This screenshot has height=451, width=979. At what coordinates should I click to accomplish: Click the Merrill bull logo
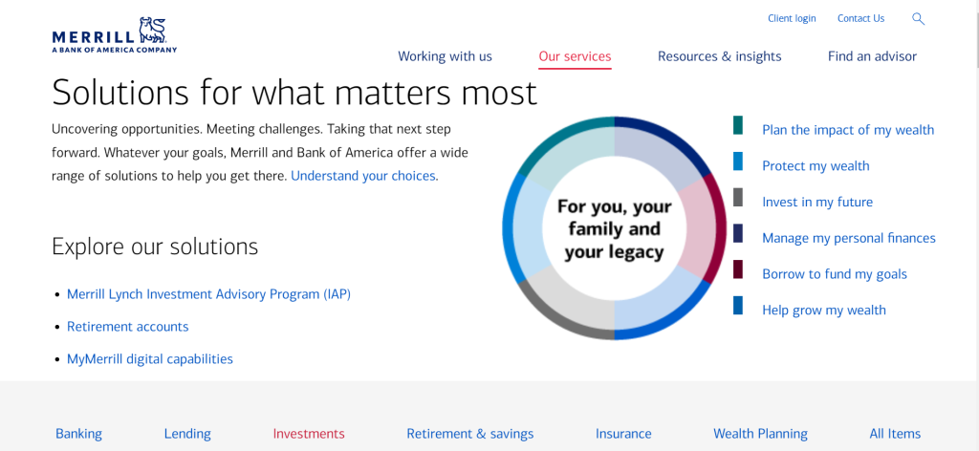[x=152, y=29]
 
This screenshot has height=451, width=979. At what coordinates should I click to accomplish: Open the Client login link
[x=792, y=18]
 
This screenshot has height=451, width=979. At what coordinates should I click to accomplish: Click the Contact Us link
[x=860, y=18]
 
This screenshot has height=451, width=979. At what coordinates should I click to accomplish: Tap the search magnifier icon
[x=918, y=18]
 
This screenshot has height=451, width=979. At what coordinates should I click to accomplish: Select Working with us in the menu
[x=445, y=56]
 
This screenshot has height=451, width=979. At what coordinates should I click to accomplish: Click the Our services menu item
[x=575, y=56]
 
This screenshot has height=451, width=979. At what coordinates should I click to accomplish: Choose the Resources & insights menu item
[x=719, y=56]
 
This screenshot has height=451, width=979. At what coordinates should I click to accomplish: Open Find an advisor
[x=872, y=56]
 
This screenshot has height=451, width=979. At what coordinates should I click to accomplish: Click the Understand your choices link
[x=364, y=176]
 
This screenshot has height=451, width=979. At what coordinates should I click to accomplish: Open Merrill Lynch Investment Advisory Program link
[x=208, y=294]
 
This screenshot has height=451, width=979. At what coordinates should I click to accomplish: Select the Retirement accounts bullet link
[x=127, y=327]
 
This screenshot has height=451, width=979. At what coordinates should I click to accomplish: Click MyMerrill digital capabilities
[x=149, y=359]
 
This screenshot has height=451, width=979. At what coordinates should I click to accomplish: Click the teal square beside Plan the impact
[x=738, y=125]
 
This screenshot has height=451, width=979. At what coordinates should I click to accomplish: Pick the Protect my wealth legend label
[x=816, y=166]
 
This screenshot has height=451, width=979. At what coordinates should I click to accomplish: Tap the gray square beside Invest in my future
[x=738, y=197]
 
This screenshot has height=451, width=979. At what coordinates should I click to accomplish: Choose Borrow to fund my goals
[x=834, y=274]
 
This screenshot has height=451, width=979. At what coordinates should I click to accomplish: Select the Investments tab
[x=309, y=434]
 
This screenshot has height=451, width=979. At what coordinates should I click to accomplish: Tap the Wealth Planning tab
[x=760, y=434]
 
